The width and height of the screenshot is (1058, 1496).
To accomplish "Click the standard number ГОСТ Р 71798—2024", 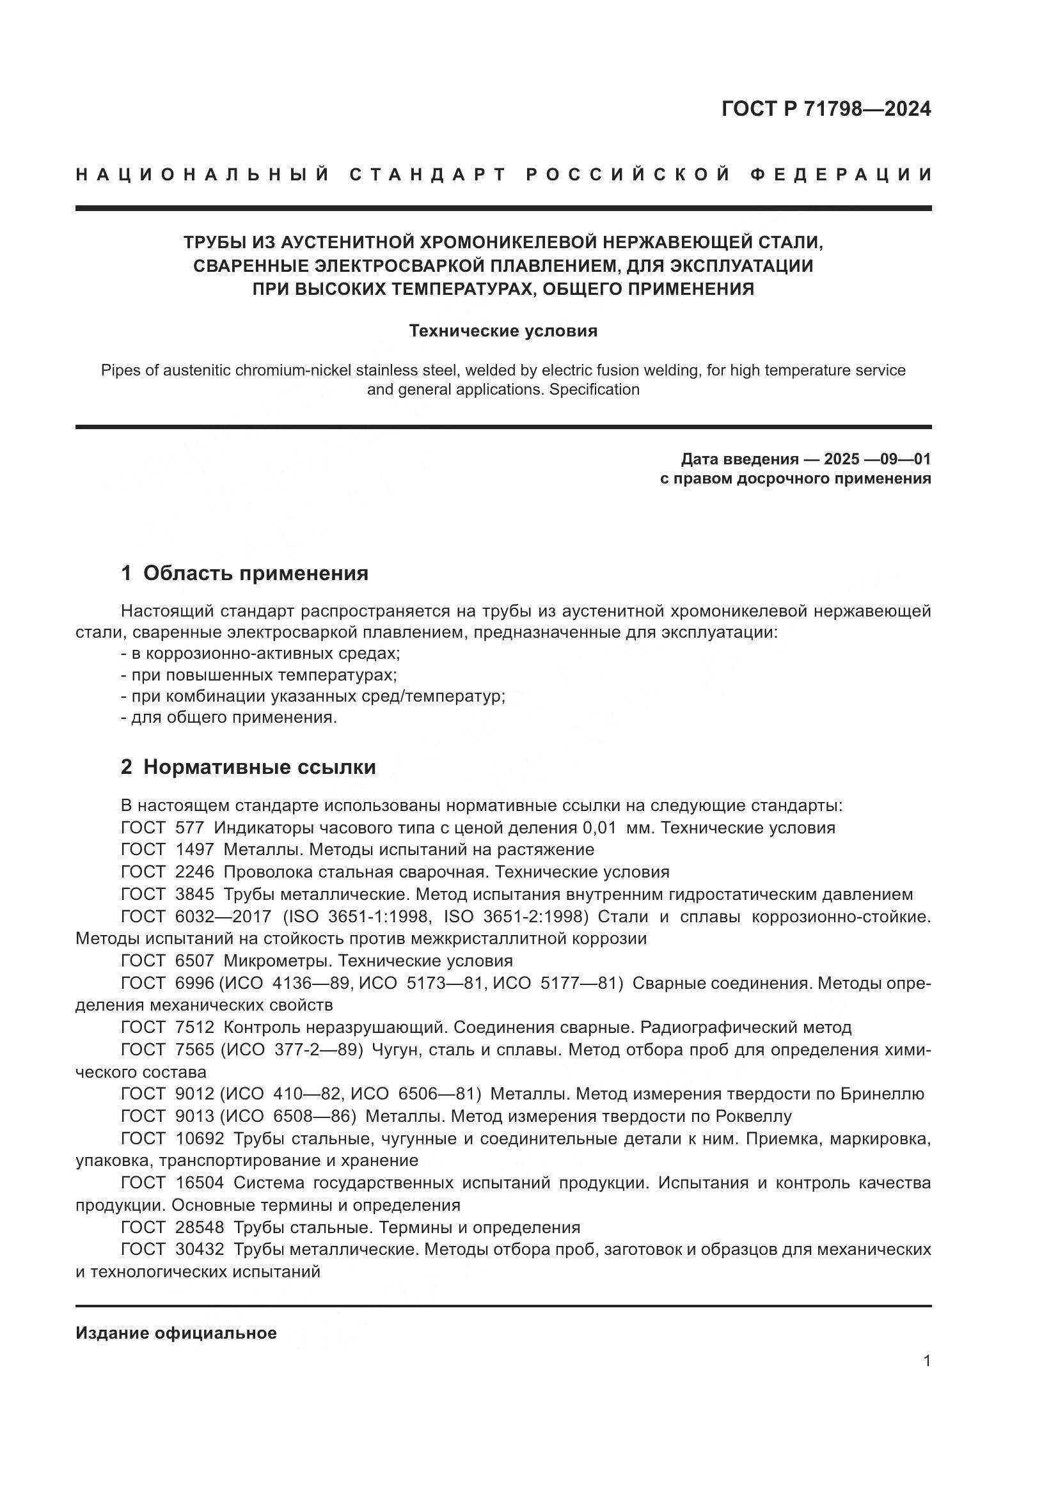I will pos(825,109).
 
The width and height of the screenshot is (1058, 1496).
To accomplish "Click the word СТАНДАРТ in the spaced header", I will pos(428,175).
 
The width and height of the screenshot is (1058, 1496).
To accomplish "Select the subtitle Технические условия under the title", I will pos(503,331).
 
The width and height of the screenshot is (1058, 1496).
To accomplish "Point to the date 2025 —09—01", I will pos(877,459).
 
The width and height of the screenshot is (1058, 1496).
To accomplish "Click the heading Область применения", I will pos(255,573).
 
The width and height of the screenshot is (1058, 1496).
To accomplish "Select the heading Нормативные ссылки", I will pos(259,768).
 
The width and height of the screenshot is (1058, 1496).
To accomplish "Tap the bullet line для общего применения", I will pos(230,718).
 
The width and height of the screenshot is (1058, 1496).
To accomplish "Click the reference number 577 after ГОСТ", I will pos(189,828).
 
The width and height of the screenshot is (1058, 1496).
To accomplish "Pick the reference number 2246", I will pos(194,872).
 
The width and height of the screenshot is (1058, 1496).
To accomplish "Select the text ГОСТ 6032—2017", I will pos(196,917).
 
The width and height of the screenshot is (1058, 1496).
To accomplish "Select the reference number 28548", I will pos(200,1227).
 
